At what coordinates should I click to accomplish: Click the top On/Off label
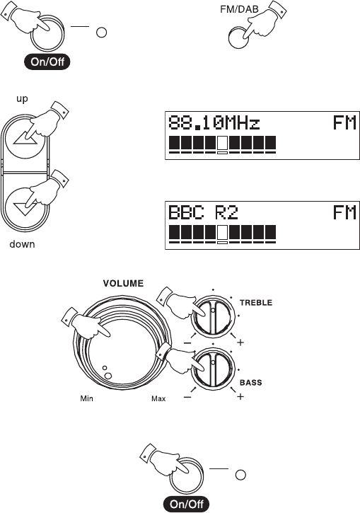[x=47, y=62]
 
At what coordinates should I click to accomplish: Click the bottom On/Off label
[x=186, y=504]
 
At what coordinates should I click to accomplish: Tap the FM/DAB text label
[x=239, y=9]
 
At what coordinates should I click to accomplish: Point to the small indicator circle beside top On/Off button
[x=101, y=33]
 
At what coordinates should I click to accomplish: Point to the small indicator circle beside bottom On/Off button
[x=240, y=475]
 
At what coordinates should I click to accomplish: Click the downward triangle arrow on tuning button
[x=25, y=209]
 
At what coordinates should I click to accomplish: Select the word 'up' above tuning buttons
[x=22, y=99]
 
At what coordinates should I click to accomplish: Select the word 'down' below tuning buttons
[x=22, y=244]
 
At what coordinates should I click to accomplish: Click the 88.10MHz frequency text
[x=214, y=122]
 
